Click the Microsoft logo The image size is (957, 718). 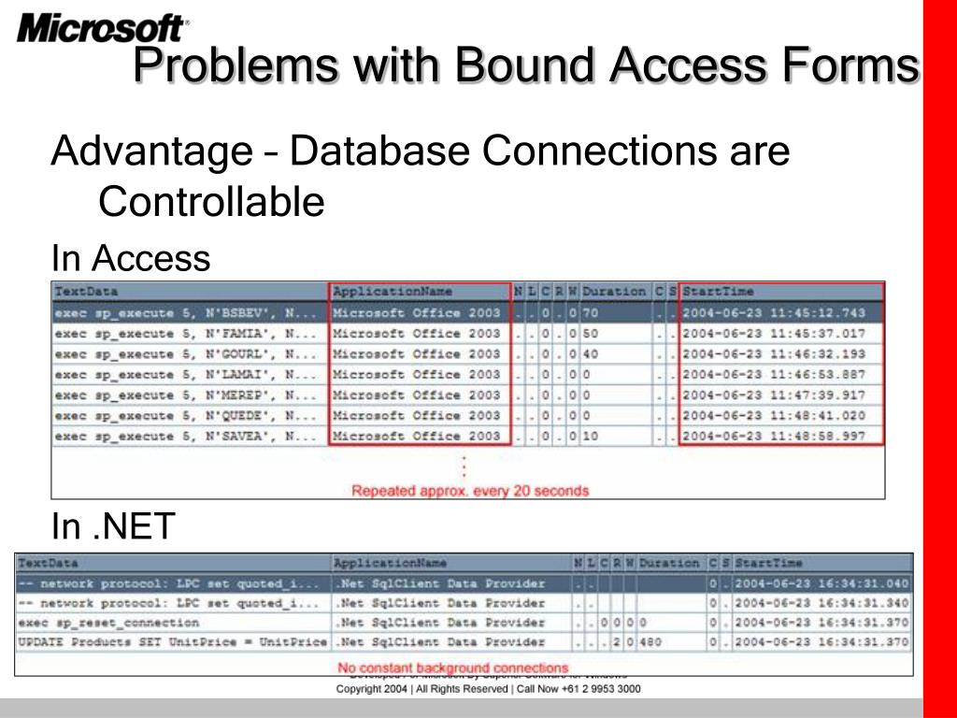pyautogui.click(x=102, y=27)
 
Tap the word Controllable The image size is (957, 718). pyautogui.click(x=211, y=201)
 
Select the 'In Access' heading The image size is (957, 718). pyautogui.click(x=131, y=258)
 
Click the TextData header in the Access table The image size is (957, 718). pyautogui.click(x=87, y=292)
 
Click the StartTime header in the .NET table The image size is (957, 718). pyautogui.click(x=768, y=564)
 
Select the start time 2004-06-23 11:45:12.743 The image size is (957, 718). pyautogui.click(x=774, y=313)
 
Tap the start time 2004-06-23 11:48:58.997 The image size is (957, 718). pyautogui.click(x=774, y=437)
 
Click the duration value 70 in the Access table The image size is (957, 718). pyautogui.click(x=590, y=313)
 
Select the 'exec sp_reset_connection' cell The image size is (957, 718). pyautogui.click(x=108, y=623)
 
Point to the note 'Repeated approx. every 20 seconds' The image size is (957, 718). pyautogui.click(x=470, y=490)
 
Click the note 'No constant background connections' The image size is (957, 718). pyautogui.click(x=453, y=668)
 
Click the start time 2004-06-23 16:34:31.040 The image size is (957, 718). pyautogui.click(x=821, y=583)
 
